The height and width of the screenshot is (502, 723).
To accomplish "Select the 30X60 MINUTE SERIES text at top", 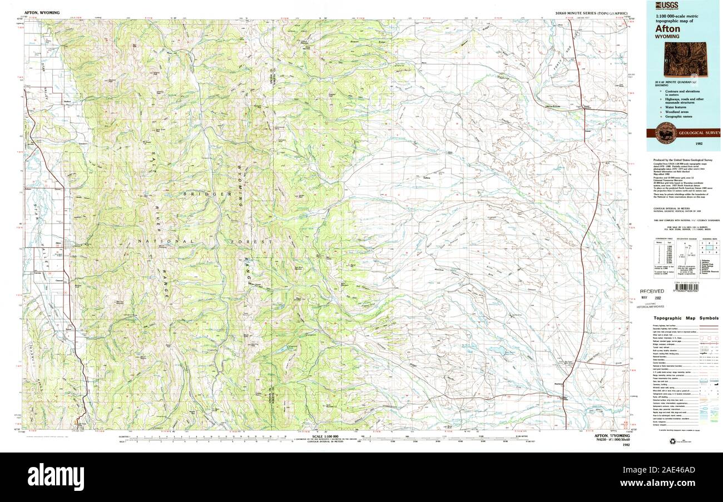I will [x=591, y=12].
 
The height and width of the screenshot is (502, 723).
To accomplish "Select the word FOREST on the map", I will [x=257, y=242].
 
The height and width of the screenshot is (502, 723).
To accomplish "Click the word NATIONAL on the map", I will [x=167, y=241].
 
